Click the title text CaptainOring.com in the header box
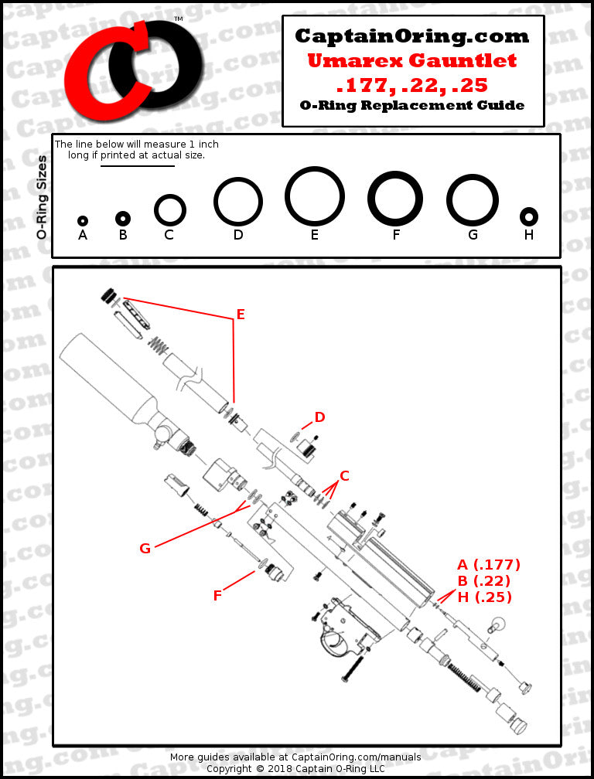pyautogui.click(x=412, y=36)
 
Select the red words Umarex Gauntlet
pyautogui.click(x=412, y=60)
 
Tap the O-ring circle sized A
pyautogui.click(x=83, y=221)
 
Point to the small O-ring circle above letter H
pyautogui.click(x=529, y=216)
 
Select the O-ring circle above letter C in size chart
pyautogui.click(x=169, y=209)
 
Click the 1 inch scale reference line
pyautogui.click(x=137, y=166)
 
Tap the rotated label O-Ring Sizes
pyautogui.click(x=42, y=197)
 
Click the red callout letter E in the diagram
pyautogui.click(x=241, y=315)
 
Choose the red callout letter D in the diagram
pyautogui.click(x=319, y=417)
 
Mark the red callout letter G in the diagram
pyautogui.click(x=145, y=548)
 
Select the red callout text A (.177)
pyautogui.click(x=488, y=564)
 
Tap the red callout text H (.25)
pyautogui.click(x=484, y=597)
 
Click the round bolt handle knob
pyautogui.click(x=499, y=623)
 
